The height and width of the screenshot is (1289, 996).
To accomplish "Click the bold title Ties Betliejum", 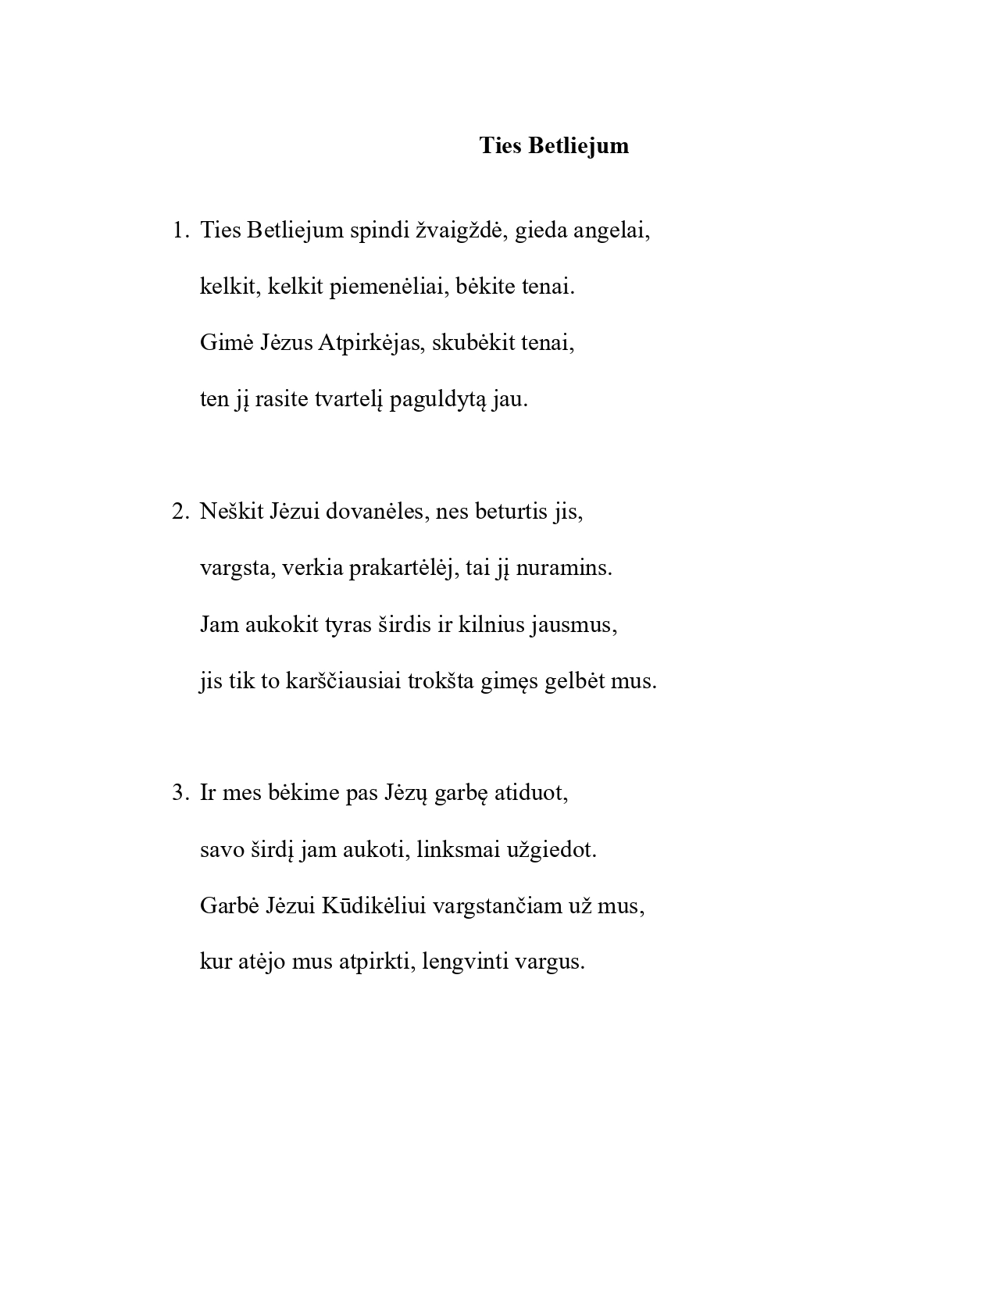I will point(554,146).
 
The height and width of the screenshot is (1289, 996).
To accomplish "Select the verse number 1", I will point(179,230).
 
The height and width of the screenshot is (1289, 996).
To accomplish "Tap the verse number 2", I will point(179,512).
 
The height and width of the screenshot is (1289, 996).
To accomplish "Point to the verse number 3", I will point(179,793).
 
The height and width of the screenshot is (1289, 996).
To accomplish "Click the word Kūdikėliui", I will point(374,905).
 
